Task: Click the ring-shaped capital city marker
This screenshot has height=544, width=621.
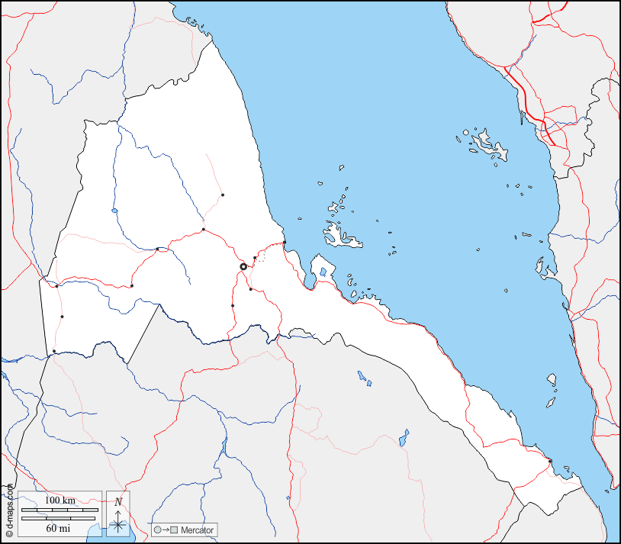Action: tap(243, 266)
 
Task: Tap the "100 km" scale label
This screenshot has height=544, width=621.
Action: tap(60, 500)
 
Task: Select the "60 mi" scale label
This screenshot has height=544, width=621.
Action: tap(60, 527)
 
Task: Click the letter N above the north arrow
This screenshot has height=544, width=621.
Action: tap(118, 501)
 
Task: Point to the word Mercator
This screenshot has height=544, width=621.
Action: tap(198, 530)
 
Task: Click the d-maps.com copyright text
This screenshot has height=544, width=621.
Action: tap(8, 511)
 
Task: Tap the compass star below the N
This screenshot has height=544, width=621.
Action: tap(118, 523)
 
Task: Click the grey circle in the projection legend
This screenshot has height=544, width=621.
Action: tap(157, 530)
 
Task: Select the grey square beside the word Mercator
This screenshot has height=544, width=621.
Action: tap(174, 530)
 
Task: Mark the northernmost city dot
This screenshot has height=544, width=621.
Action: tap(223, 195)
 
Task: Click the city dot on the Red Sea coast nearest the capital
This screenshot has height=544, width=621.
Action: tap(285, 243)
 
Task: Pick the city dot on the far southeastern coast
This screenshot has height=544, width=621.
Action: tap(550, 461)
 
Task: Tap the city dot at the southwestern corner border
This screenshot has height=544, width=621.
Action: tap(54, 351)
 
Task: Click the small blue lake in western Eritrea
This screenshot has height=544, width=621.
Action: tap(114, 211)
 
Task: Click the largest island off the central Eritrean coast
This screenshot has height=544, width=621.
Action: tap(342, 237)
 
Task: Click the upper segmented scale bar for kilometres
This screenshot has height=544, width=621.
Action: tap(60, 510)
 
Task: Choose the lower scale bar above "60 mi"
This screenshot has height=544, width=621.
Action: tap(60, 518)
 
